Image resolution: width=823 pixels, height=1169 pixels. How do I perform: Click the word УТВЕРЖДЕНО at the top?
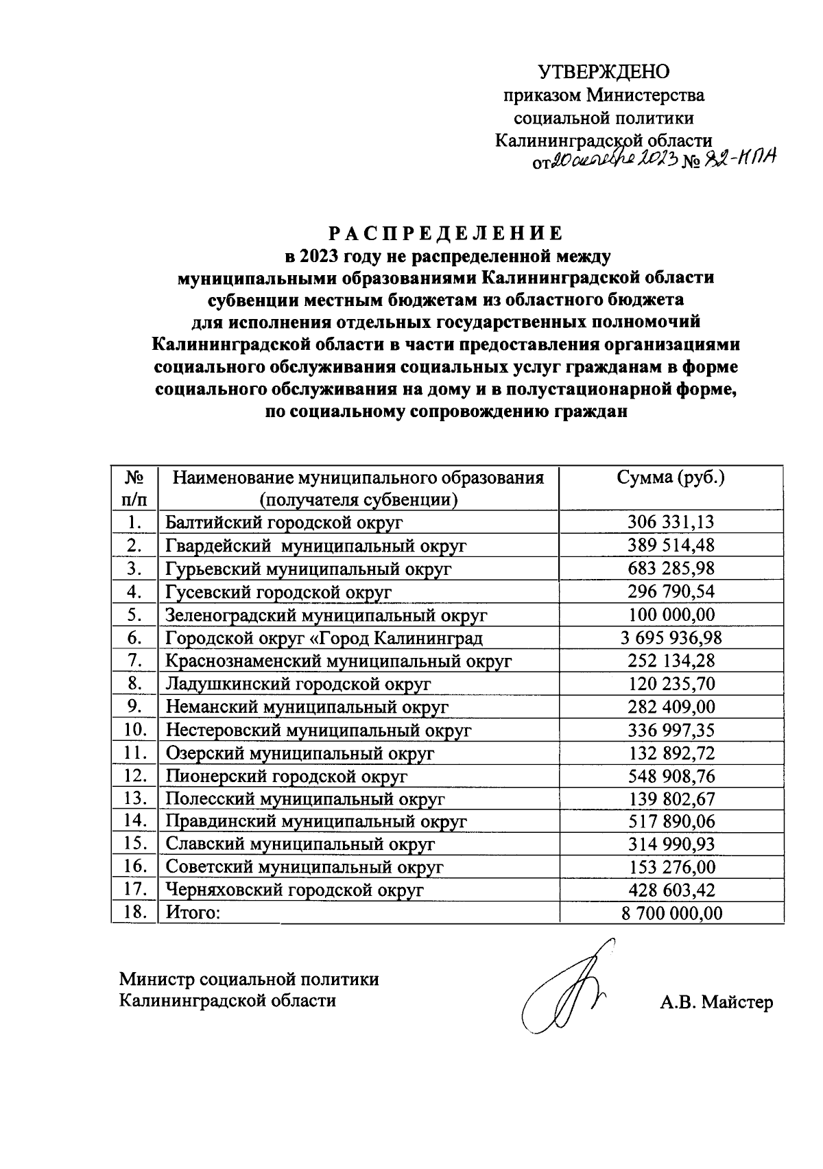[x=604, y=71]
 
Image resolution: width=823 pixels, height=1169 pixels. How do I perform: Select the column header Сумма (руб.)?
[x=671, y=477]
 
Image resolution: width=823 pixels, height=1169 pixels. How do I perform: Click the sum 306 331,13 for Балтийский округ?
[x=671, y=522]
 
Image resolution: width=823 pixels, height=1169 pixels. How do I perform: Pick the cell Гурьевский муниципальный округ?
[x=309, y=569]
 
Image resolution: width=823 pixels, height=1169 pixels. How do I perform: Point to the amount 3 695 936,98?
[x=671, y=639]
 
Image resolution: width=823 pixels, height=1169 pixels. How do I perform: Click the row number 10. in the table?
[x=135, y=730]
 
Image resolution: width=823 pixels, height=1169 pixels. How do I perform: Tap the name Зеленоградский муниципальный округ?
[x=326, y=615]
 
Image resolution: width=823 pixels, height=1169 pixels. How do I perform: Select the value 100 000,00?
[x=671, y=615]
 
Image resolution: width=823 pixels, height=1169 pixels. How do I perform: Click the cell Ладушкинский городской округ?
[x=298, y=685]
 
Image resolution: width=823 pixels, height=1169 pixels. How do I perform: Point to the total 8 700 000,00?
[x=671, y=913]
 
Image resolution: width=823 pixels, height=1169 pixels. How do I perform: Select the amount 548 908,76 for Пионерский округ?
[x=671, y=776]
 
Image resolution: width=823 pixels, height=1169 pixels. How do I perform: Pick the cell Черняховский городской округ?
[x=295, y=890]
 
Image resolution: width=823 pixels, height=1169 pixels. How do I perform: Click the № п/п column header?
[x=134, y=488]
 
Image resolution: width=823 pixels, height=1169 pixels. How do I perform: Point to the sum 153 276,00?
[x=671, y=867]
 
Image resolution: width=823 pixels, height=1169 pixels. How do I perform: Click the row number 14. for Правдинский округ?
[x=135, y=821]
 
